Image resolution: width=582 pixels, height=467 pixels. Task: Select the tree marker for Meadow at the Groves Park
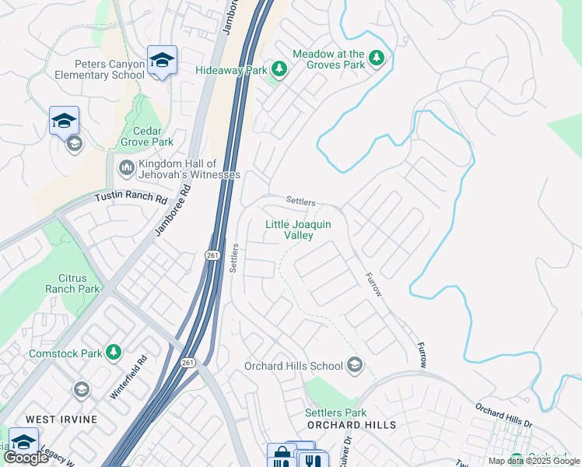point(377,59)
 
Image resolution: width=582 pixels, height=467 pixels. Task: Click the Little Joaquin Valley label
point(299,230)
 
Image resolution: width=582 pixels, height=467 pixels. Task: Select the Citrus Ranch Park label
point(79,283)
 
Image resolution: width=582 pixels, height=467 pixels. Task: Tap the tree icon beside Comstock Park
point(114,353)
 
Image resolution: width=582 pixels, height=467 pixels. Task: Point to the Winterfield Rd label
point(128,378)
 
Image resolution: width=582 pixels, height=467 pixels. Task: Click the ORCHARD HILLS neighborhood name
point(352,425)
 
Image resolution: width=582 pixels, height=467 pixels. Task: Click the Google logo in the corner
point(26,458)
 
